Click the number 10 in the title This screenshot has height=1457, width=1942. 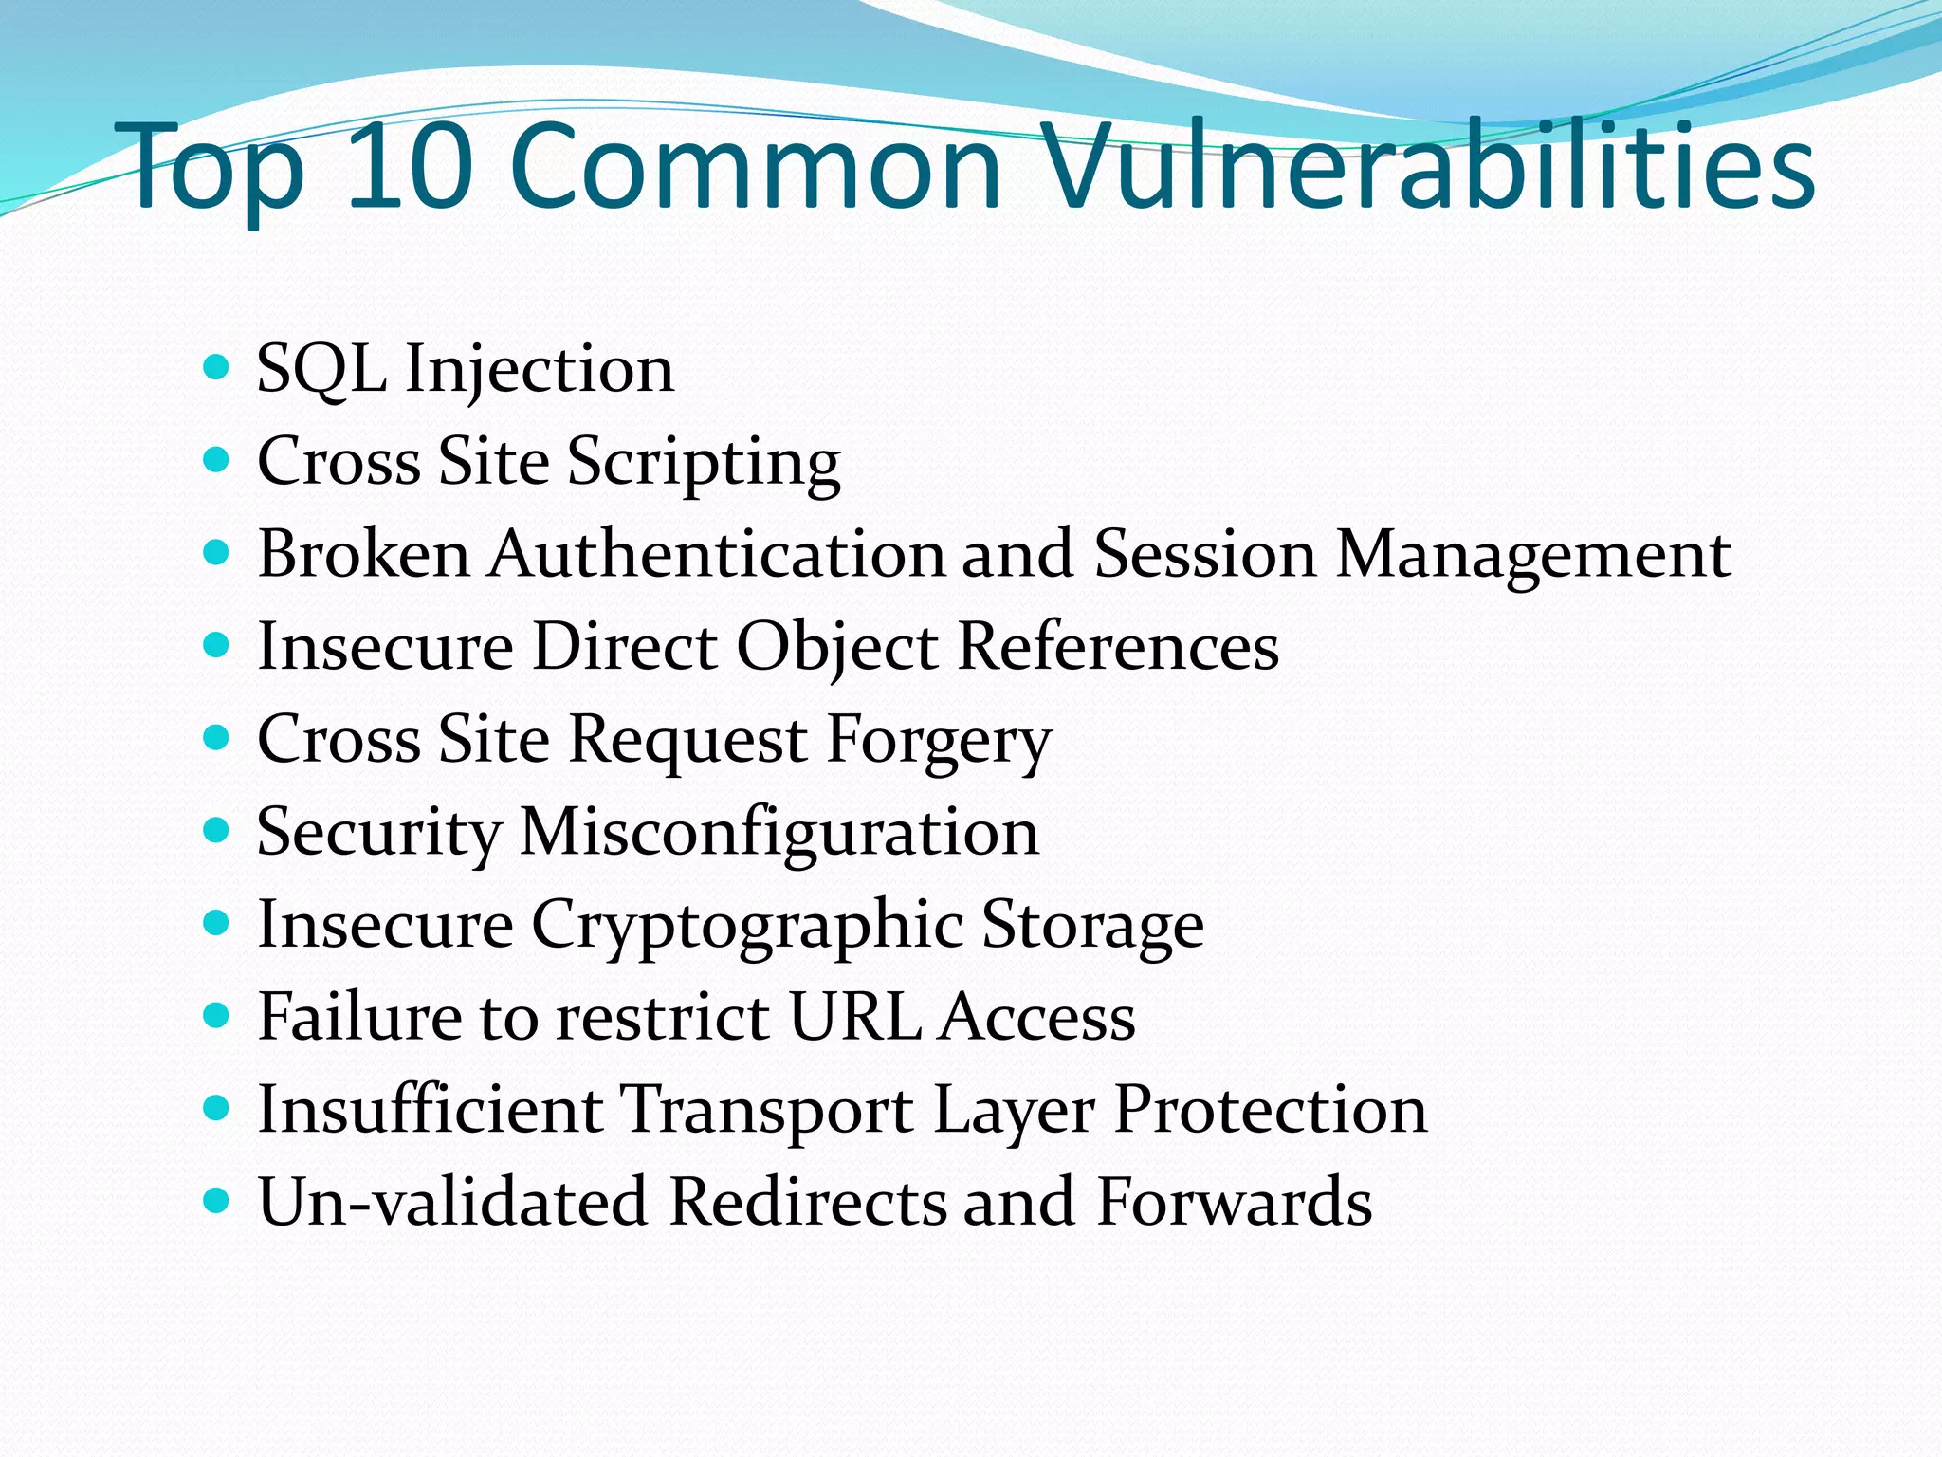(410, 166)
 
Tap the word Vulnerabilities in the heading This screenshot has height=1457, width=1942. (1428, 166)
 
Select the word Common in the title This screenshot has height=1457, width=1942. (756, 166)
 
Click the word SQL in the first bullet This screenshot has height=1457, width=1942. (322, 368)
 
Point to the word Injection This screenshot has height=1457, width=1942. (540, 370)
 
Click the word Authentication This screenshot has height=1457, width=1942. (717, 553)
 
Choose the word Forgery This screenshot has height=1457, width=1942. (939, 741)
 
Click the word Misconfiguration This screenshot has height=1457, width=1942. (779, 833)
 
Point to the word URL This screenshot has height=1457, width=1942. (854, 1016)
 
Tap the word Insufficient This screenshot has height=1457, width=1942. (431, 1108)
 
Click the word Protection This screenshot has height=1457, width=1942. (1270, 1108)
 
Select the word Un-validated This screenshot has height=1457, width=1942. (453, 1201)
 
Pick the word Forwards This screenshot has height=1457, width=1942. (1234, 1201)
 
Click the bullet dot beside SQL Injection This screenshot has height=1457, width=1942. (217, 367)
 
